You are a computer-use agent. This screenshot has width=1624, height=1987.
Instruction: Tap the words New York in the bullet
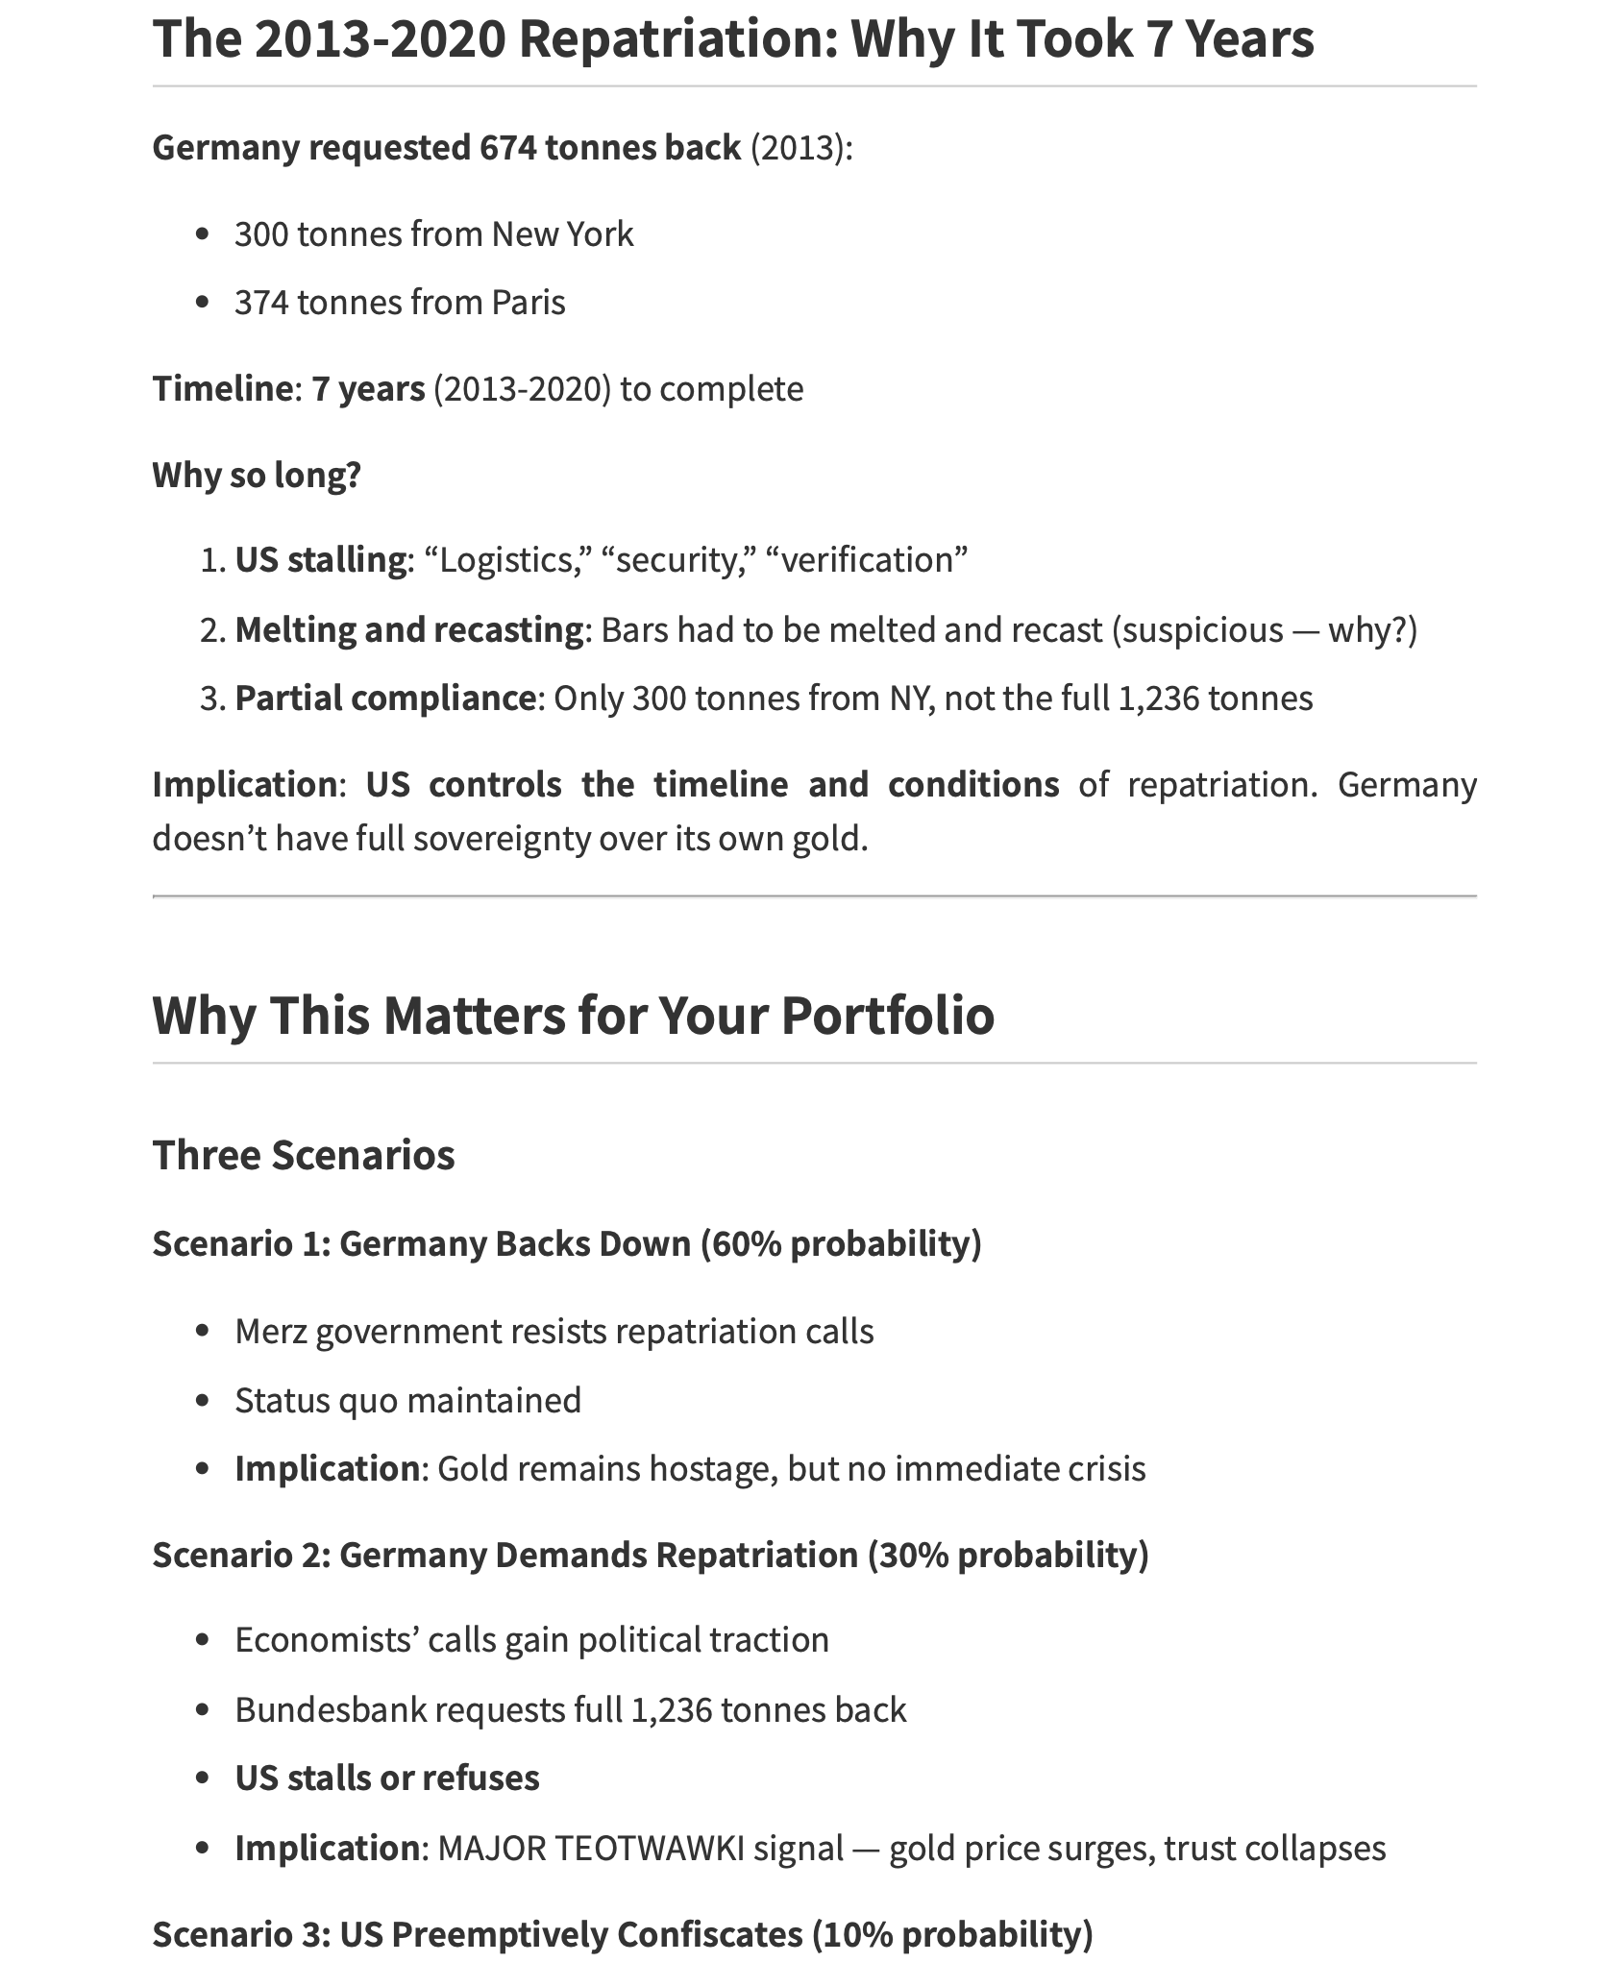(x=562, y=234)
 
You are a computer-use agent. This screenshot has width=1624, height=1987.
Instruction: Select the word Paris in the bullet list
(x=529, y=303)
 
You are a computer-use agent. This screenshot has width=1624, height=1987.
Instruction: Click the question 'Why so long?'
(x=257, y=475)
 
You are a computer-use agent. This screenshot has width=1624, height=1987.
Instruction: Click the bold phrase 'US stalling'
(x=321, y=559)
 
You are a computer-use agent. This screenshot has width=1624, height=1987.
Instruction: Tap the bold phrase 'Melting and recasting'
(x=409, y=630)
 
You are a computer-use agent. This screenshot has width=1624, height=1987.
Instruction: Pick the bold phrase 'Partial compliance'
(x=385, y=699)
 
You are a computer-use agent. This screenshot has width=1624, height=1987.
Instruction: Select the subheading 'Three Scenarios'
(x=304, y=1155)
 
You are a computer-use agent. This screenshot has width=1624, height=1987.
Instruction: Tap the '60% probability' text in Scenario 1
(x=841, y=1243)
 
